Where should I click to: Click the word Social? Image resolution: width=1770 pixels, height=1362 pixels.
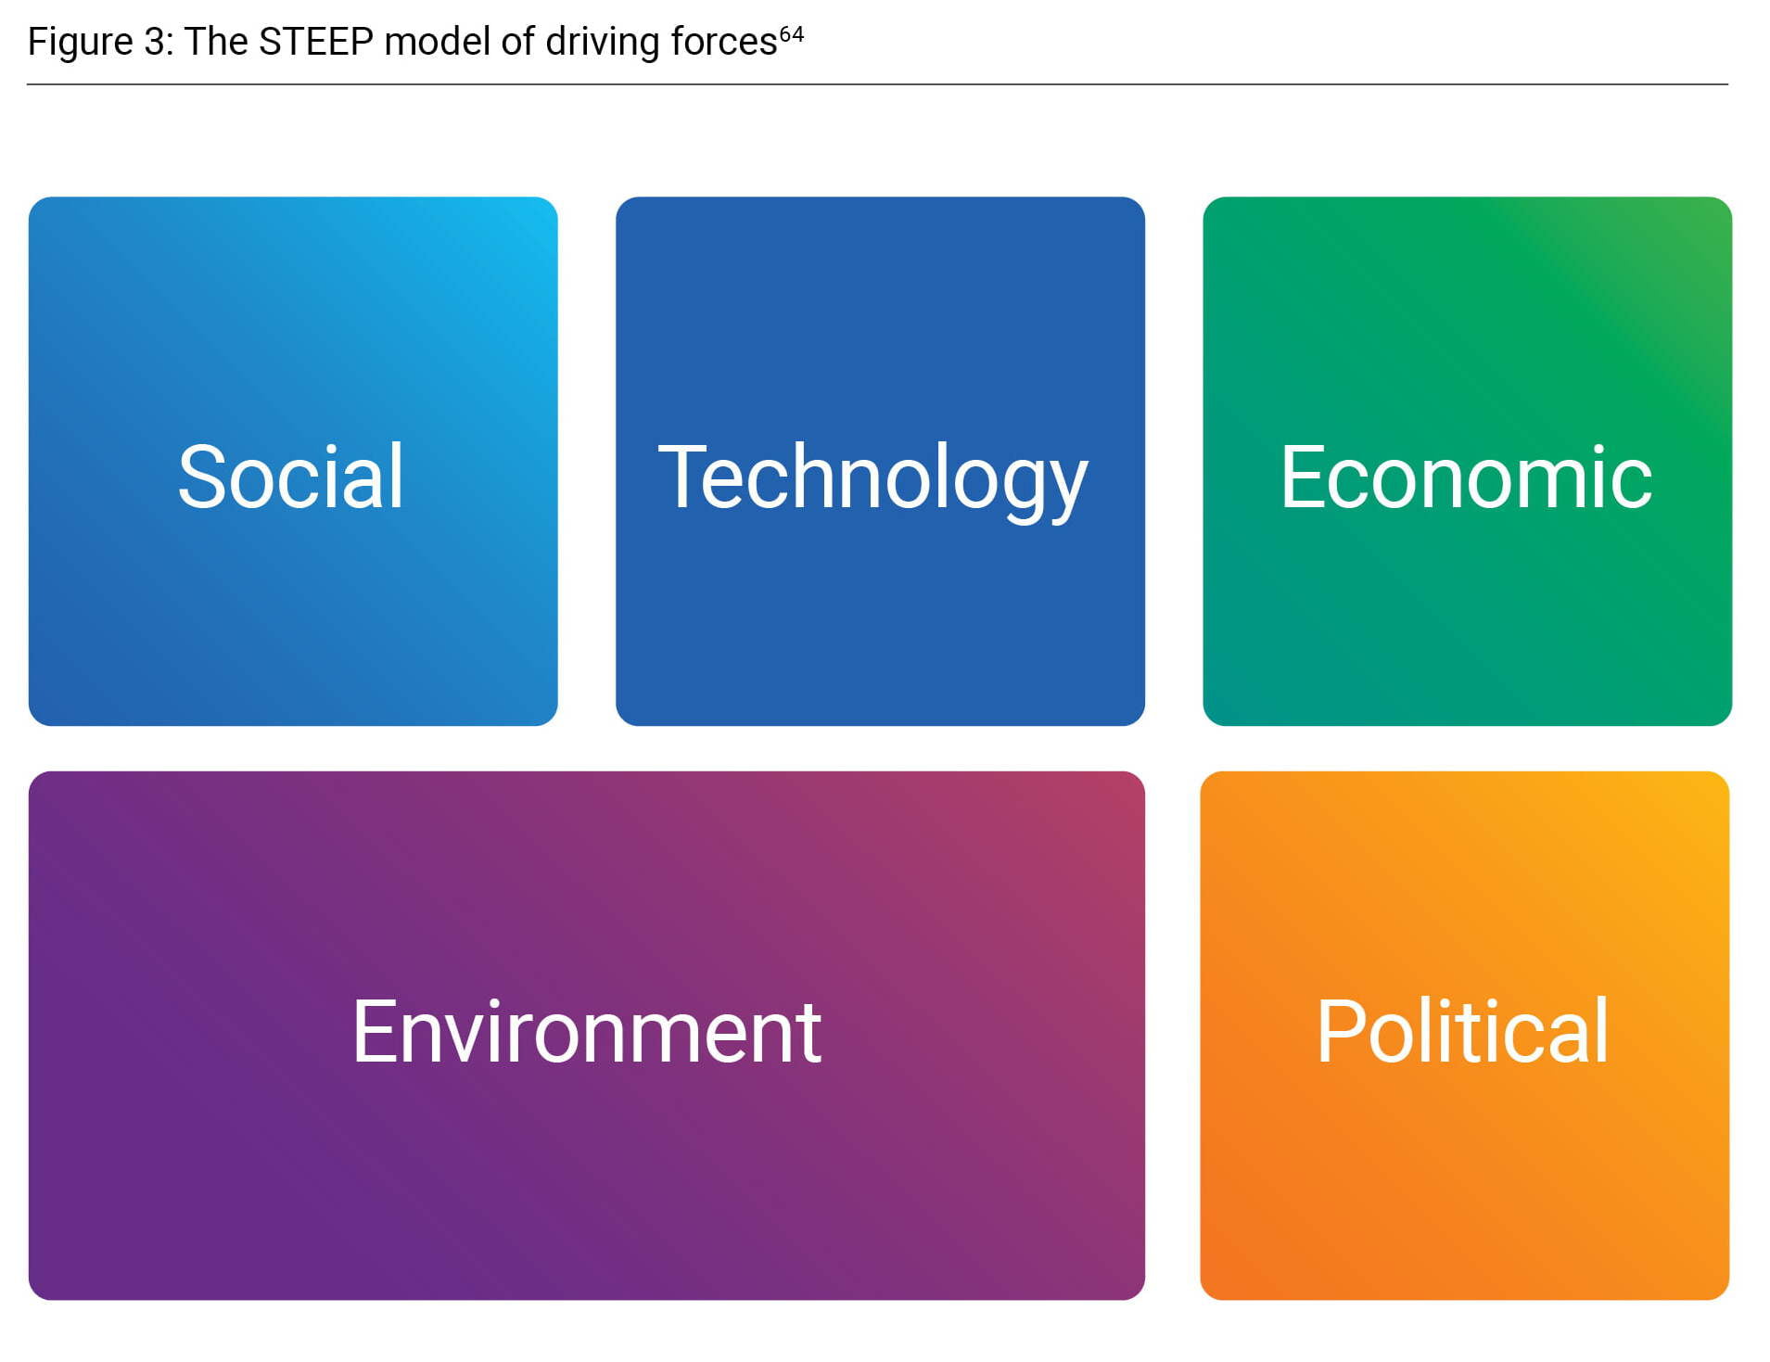[x=290, y=477]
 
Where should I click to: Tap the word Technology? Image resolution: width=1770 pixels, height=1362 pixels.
[x=872, y=480]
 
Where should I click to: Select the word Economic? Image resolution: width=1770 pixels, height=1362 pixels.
[x=1466, y=477]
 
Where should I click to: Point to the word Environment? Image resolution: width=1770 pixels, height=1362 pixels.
[x=587, y=1031]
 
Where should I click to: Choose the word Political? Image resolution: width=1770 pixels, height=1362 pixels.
[x=1462, y=1031]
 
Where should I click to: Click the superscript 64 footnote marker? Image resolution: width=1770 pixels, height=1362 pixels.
[x=791, y=33]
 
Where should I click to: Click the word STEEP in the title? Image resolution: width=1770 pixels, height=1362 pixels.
[x=315, y=42]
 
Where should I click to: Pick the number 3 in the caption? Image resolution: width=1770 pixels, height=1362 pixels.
[x=154, y=42]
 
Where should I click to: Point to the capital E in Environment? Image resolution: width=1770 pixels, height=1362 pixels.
[x=374, y=1031]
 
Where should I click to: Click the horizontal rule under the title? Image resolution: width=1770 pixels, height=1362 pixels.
[x=877, y=84]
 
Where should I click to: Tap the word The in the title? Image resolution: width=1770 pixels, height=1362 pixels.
[x=216, y=42]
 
